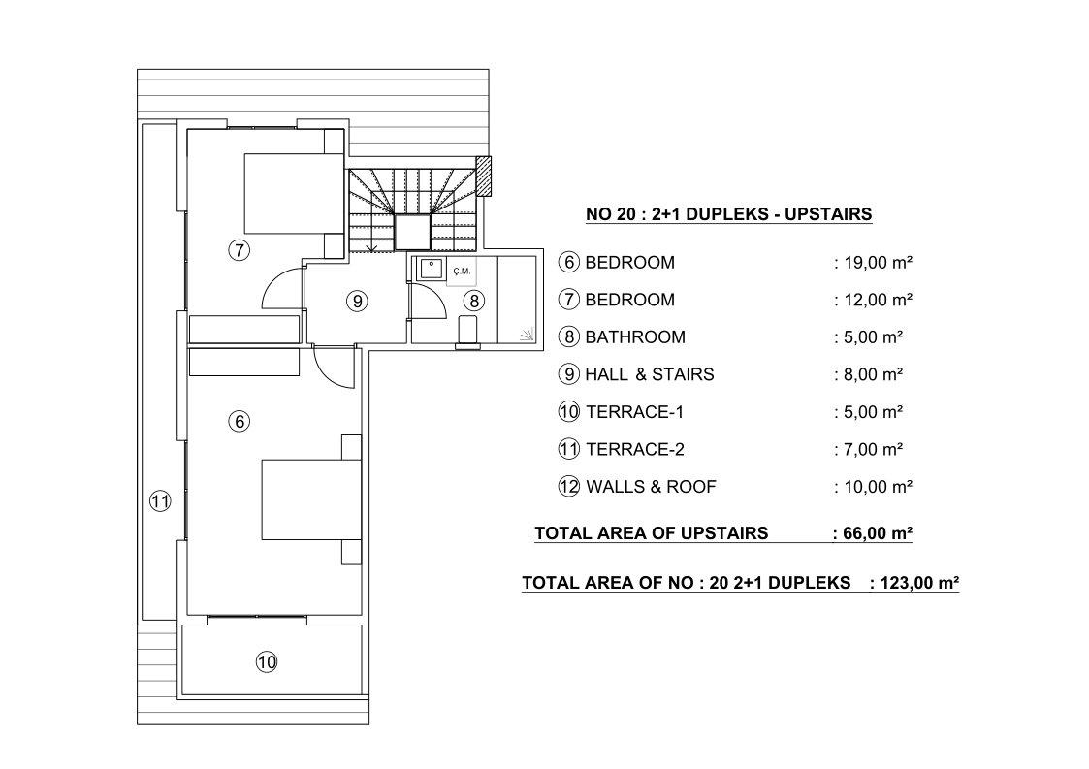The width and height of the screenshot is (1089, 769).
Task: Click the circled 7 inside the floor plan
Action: pos(239,249)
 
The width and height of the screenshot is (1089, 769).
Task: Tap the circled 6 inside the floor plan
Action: pos(240,421)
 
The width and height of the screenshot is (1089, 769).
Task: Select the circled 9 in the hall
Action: pos(357,301)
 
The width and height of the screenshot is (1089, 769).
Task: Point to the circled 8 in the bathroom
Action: pos(474,301)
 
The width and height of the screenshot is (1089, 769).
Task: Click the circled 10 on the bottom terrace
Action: pos(267,662)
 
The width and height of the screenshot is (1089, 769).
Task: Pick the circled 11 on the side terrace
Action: pos(160,500)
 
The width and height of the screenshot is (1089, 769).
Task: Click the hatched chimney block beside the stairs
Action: pos(483,176)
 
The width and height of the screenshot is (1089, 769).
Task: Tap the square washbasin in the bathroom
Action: pos(431,269)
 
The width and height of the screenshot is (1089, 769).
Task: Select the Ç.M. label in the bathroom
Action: pos(462,271)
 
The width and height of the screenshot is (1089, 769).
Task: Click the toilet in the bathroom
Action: pos(467,331)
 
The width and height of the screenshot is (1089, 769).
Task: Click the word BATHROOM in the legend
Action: pos(635,336)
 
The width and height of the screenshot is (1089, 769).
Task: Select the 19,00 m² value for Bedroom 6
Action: pos(879,263)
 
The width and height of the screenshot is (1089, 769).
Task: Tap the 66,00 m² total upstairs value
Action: pos(878,533)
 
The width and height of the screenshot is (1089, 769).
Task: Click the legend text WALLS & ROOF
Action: pos(651,486)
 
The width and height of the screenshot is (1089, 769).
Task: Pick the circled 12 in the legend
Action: pos(569,486)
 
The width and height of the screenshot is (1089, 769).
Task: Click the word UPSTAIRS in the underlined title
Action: pos(828,214)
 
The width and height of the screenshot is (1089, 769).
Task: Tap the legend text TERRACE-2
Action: pos(635,449)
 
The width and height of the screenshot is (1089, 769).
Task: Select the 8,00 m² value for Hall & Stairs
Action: pos(874,374)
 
